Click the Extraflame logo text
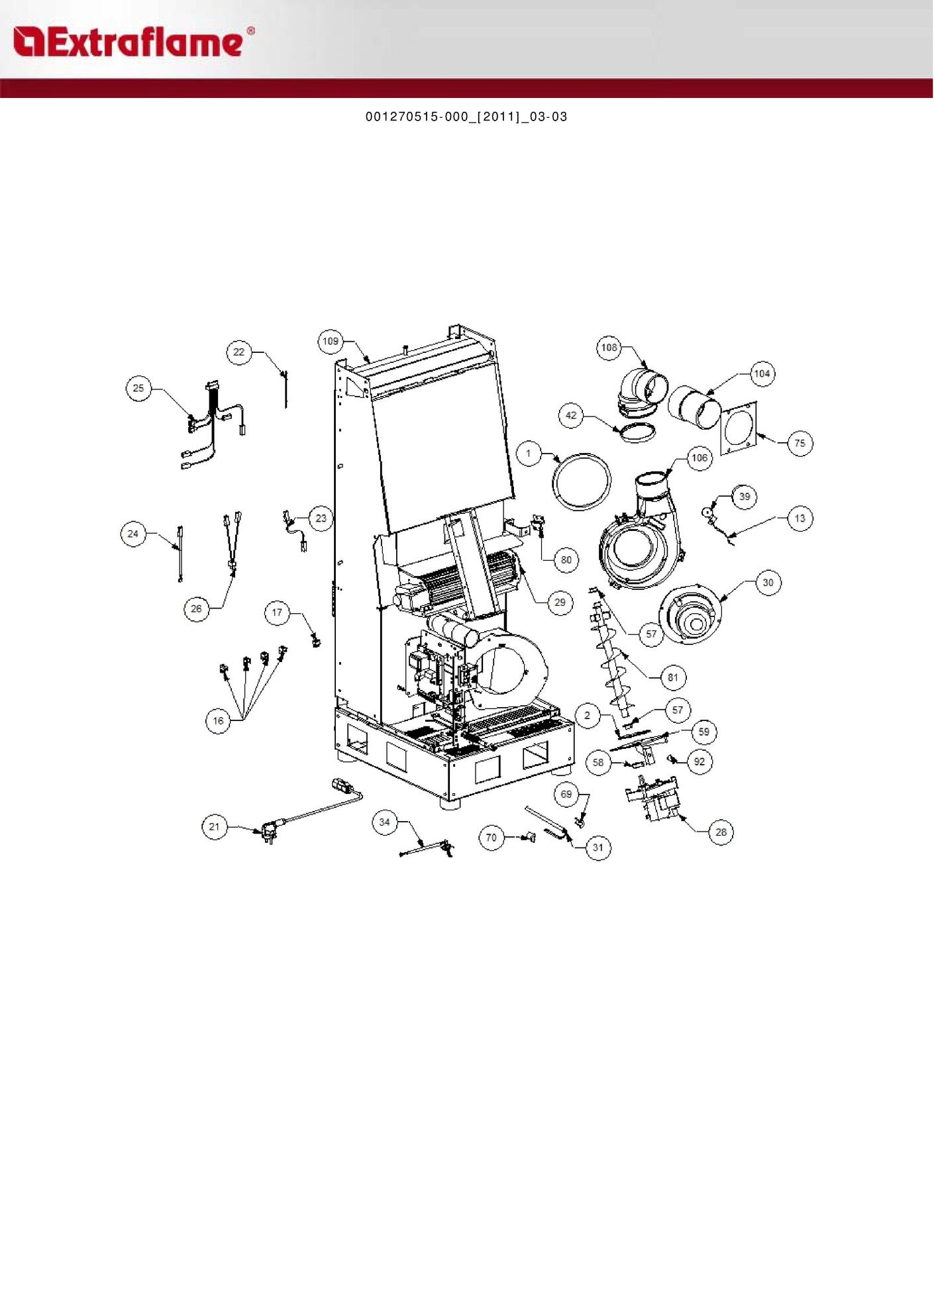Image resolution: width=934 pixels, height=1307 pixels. pos(133,42)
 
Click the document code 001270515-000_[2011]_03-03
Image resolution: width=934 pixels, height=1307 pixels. pos(466,117)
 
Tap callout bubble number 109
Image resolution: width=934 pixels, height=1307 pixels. pos(330,342)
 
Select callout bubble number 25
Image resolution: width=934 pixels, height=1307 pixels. pos(138,388)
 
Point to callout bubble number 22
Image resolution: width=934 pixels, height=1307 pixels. pos(239,352)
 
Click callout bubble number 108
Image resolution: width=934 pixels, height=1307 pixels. pos(609,347)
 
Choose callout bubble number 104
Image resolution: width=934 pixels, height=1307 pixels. pos(762,373)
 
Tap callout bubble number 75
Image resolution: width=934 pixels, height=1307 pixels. pos(800,443)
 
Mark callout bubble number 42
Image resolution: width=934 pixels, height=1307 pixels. pos(571,416)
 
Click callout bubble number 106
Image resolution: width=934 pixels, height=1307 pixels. pos(700,458)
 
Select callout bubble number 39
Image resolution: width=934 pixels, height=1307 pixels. pos(745,497)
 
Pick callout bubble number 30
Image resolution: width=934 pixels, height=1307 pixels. pos(768,583)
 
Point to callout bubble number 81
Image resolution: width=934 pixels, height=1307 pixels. pos(673,677)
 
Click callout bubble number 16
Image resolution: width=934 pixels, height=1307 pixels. pos(218,721)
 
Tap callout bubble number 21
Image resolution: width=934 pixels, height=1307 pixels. pos(214,826)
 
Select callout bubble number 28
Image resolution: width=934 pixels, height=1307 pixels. pos(721,832)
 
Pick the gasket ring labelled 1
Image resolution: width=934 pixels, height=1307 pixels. pos(554,482)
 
